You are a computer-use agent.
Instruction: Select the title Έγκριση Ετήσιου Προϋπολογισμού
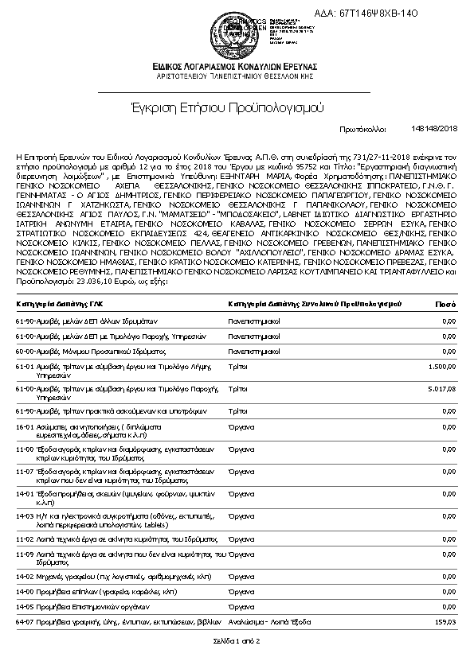click(x=237, y=106)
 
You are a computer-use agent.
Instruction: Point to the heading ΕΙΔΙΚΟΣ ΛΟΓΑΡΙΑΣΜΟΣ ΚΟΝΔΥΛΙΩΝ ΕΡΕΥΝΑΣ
click(x=237, y=65)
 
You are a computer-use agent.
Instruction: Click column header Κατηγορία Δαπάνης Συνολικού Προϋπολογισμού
click(x=315, y=304)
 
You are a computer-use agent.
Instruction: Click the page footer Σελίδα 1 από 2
click(x=237, y=640)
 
